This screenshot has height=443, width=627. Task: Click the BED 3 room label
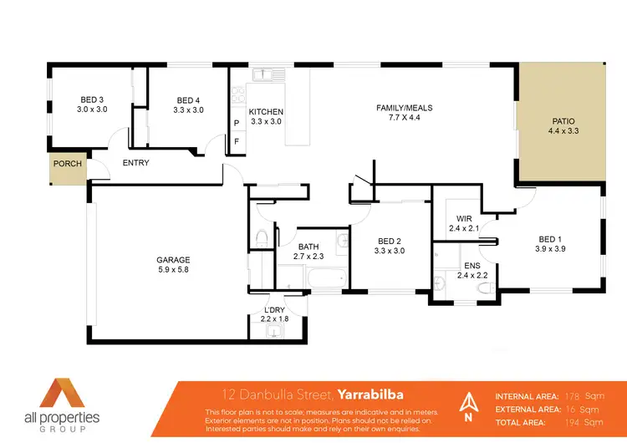[92, 99]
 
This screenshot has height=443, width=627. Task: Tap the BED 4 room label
[188, 99]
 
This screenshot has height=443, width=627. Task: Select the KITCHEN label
[267, 112]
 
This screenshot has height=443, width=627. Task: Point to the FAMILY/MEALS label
[404, 108]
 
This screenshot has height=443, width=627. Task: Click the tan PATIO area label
[563, 120]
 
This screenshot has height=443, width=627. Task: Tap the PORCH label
[68, 164]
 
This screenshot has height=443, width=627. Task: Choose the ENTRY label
[135, 163]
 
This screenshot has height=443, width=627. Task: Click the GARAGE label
[173, 260]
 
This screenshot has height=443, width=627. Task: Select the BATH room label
[309, 247]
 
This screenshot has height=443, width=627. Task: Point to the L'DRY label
[273, 309]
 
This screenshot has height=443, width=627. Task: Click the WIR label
[466, 218]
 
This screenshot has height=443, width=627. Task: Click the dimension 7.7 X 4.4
[404, 119]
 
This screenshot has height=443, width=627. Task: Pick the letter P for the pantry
[237, 123]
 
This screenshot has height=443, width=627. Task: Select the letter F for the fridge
[237, 141]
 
